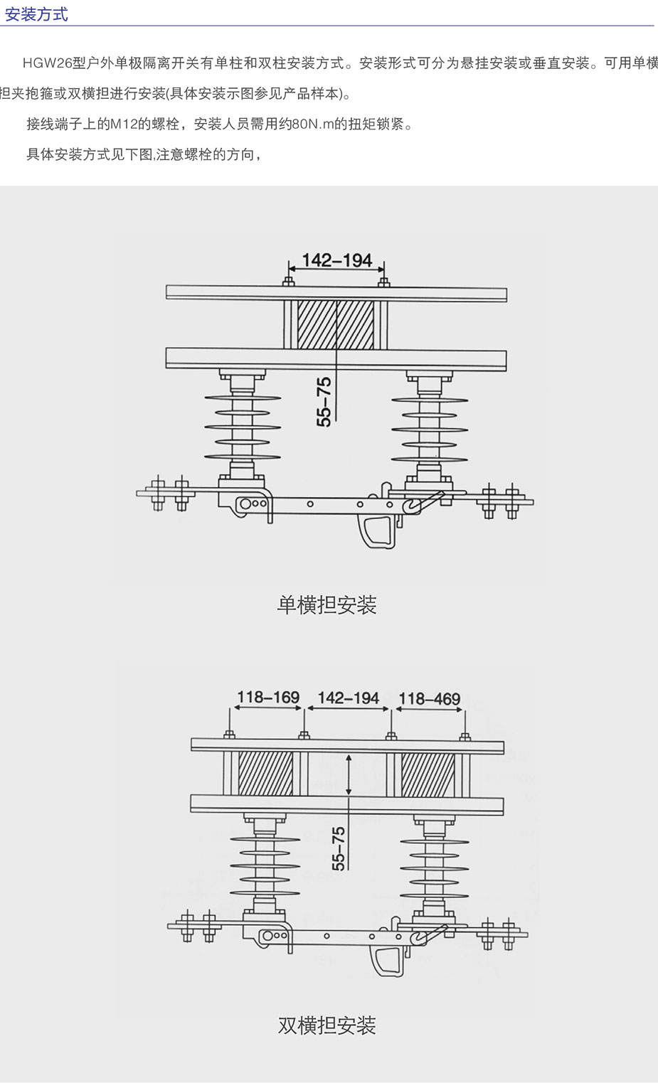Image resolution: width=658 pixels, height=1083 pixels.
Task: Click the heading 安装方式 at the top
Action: pos(36,14)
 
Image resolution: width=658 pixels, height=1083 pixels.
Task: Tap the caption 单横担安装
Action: pos(327,605)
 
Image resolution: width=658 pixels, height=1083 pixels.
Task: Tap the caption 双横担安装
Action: pos(327,1025)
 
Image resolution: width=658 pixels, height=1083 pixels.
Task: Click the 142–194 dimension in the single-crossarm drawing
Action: pos(336,260)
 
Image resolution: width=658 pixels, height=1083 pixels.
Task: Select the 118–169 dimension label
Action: pos(268,697)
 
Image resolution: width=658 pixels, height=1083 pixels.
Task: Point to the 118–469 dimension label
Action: pos(429,699)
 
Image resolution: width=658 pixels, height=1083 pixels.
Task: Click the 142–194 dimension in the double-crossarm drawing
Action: pos(348,698)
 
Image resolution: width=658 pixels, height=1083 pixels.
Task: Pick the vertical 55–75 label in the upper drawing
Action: pos(324,402)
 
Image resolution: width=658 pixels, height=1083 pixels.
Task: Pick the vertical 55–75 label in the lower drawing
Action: pos(339,848)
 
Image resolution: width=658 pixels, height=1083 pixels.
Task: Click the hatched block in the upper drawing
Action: pos(335,325)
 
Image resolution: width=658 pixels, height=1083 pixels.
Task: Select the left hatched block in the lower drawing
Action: pos(265,774)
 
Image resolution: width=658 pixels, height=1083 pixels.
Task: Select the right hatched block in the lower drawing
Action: pos(428,774)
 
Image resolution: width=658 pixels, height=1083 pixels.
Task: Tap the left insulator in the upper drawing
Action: pos(242,427)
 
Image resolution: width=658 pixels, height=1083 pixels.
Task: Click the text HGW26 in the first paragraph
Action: pos(47,63)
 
